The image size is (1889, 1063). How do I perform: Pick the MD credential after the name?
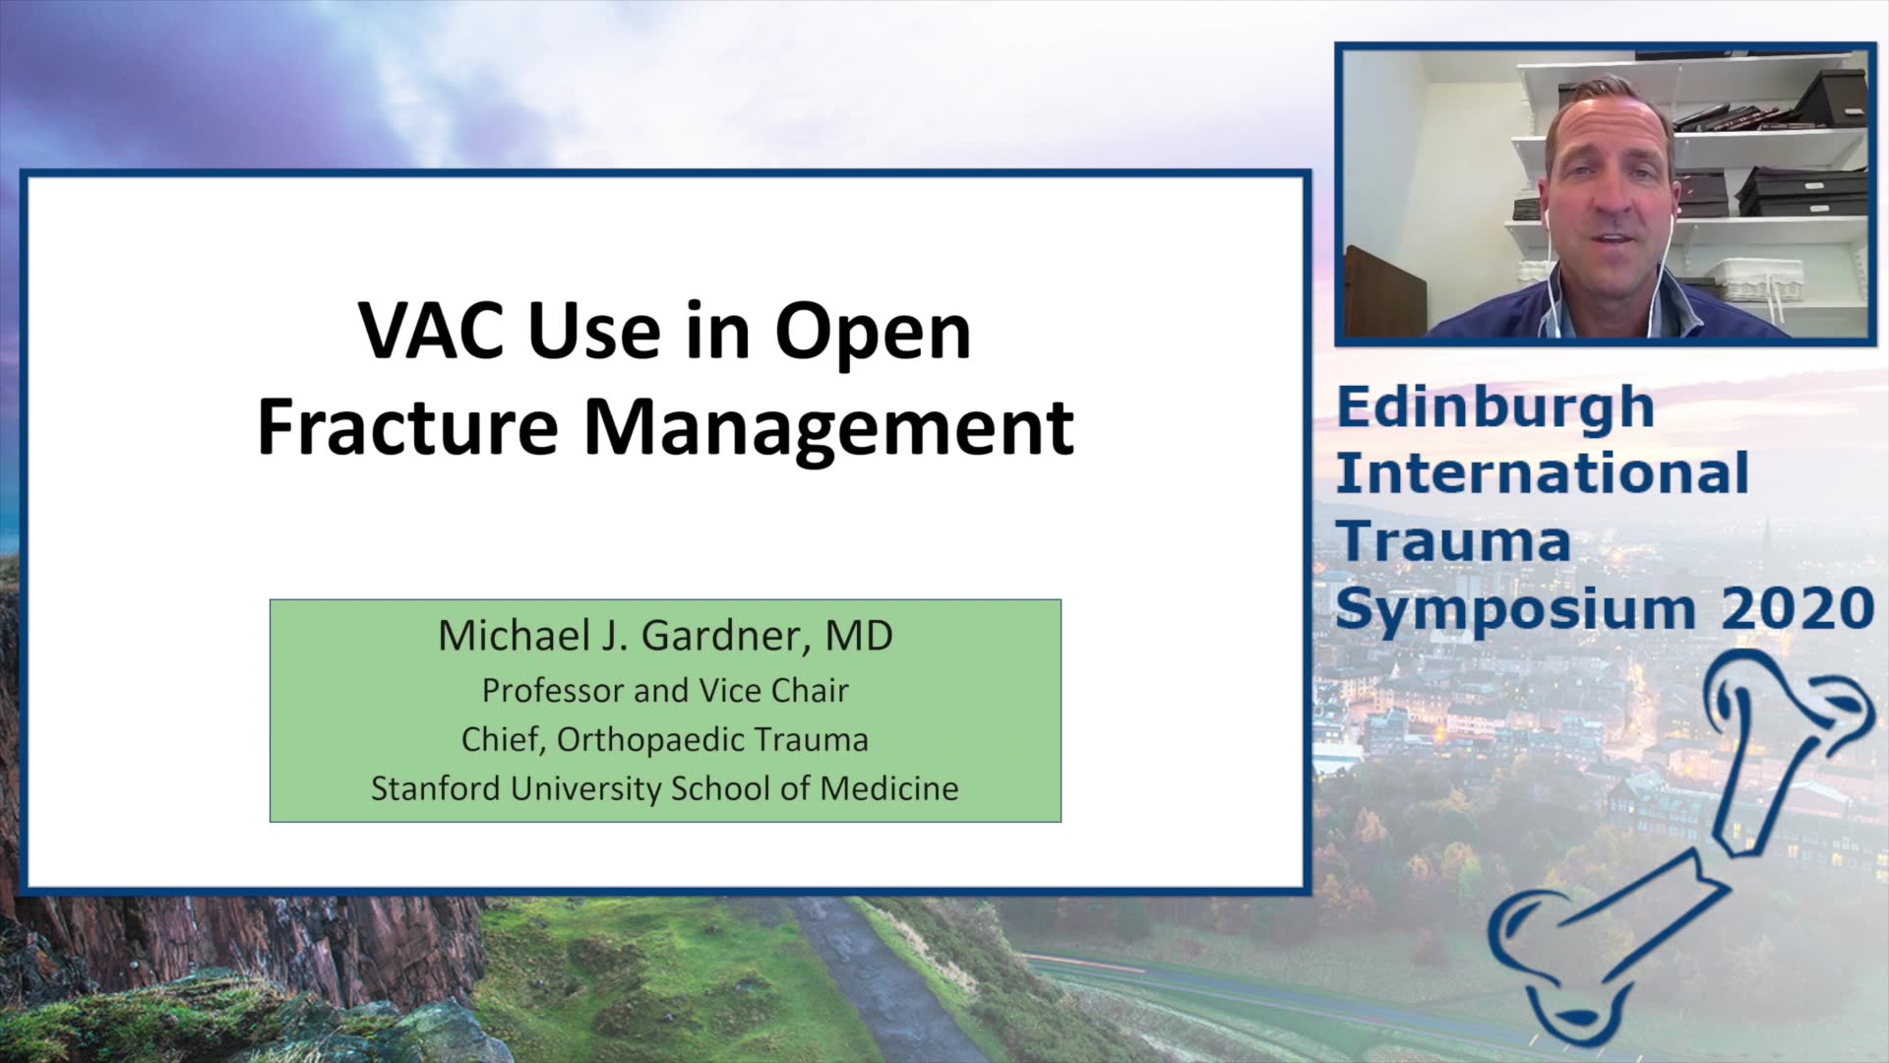tap(859, 636)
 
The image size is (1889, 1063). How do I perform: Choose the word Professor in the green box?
tap(554, 691)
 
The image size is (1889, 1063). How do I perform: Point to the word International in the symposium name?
tap(1542, 473)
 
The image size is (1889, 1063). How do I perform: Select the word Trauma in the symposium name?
tap(1454, 541)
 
